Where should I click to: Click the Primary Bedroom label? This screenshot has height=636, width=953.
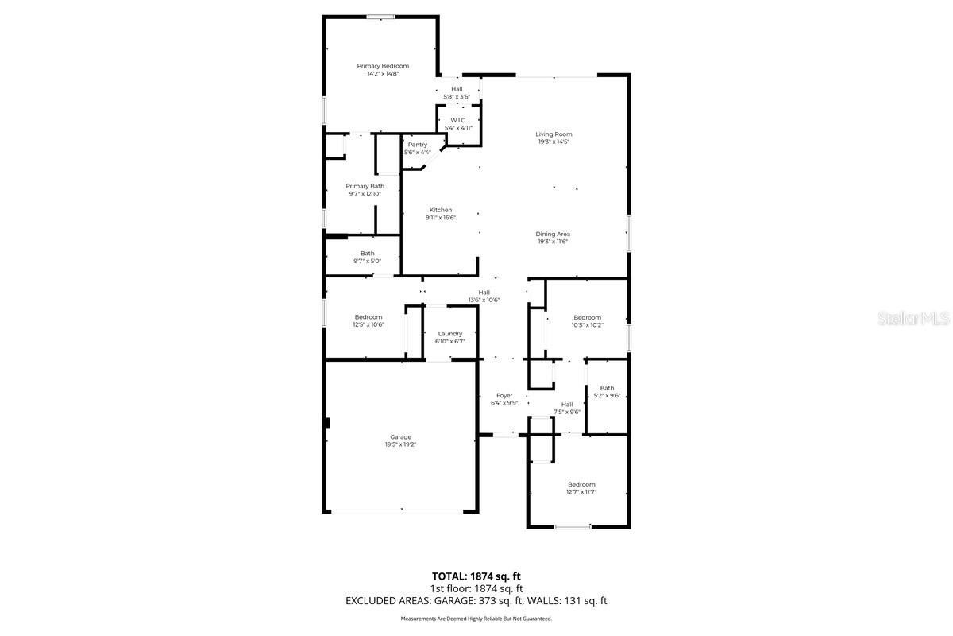pyautogui.click(x=383, y=66)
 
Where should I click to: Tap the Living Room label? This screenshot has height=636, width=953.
pyautogui.click(x=554, y=134)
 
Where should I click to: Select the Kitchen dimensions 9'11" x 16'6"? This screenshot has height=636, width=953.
pyautogui.click(x=440, y=218)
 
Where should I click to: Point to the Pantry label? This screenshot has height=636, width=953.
pyautogui.click(x=418, y=145)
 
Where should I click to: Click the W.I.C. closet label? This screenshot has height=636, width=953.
pyautogui.click(x=458, y=120)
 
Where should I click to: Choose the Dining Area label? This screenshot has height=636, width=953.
pyautogui.click(x=553, y=234)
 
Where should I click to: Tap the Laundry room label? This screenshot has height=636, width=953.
pyautogui.click(x=449, y=334)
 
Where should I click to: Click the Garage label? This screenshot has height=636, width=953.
pyautogui.click(x=400, y=436)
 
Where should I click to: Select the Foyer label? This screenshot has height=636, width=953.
pyautogui.click(x=504, y=395)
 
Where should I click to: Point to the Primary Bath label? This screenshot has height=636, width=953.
pyautogui.click(x=365, y=186)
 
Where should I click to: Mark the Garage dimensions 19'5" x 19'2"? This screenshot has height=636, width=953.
pyautogui.click(x=400, y=444)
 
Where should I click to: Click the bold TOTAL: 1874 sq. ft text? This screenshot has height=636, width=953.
pyautogui.click(x=476, y=576)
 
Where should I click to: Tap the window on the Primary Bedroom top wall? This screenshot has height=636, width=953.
pyautogui.click(x=380, y=17)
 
